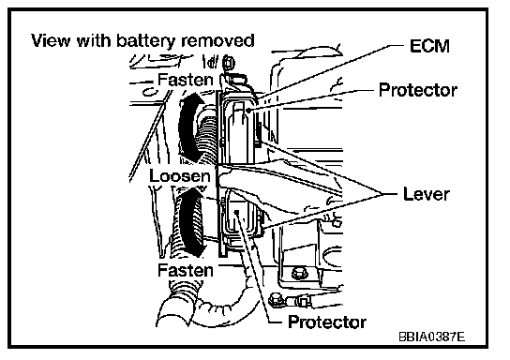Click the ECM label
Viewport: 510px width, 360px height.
click(x=429, y=46)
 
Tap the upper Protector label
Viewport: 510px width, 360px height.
click(x=418, y=90)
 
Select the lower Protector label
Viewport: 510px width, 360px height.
click(x=327, y=322)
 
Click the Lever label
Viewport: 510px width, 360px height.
click(x=427, y=194)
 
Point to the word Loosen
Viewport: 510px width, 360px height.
click(x=180, y=176)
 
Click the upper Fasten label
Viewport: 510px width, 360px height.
click(x=186, y=80)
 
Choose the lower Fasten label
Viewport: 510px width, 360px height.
click(x=186, y=270)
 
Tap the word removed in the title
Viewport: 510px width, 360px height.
click(x=217, y=40)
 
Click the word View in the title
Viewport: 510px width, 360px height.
click(x=51, y=40)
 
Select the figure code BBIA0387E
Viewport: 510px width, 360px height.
click(x=431, y=337)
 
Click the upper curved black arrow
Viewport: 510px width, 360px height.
click(x=186, y=127)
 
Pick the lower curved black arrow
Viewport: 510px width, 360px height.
click(x=188, y=221)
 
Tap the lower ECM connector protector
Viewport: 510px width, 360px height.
click(x=240, y=217)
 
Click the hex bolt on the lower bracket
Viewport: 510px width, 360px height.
click(x=297, y=273)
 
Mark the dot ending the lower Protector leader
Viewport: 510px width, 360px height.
click(x=237, y=212)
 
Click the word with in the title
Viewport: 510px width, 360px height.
click(x=94, y=40)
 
